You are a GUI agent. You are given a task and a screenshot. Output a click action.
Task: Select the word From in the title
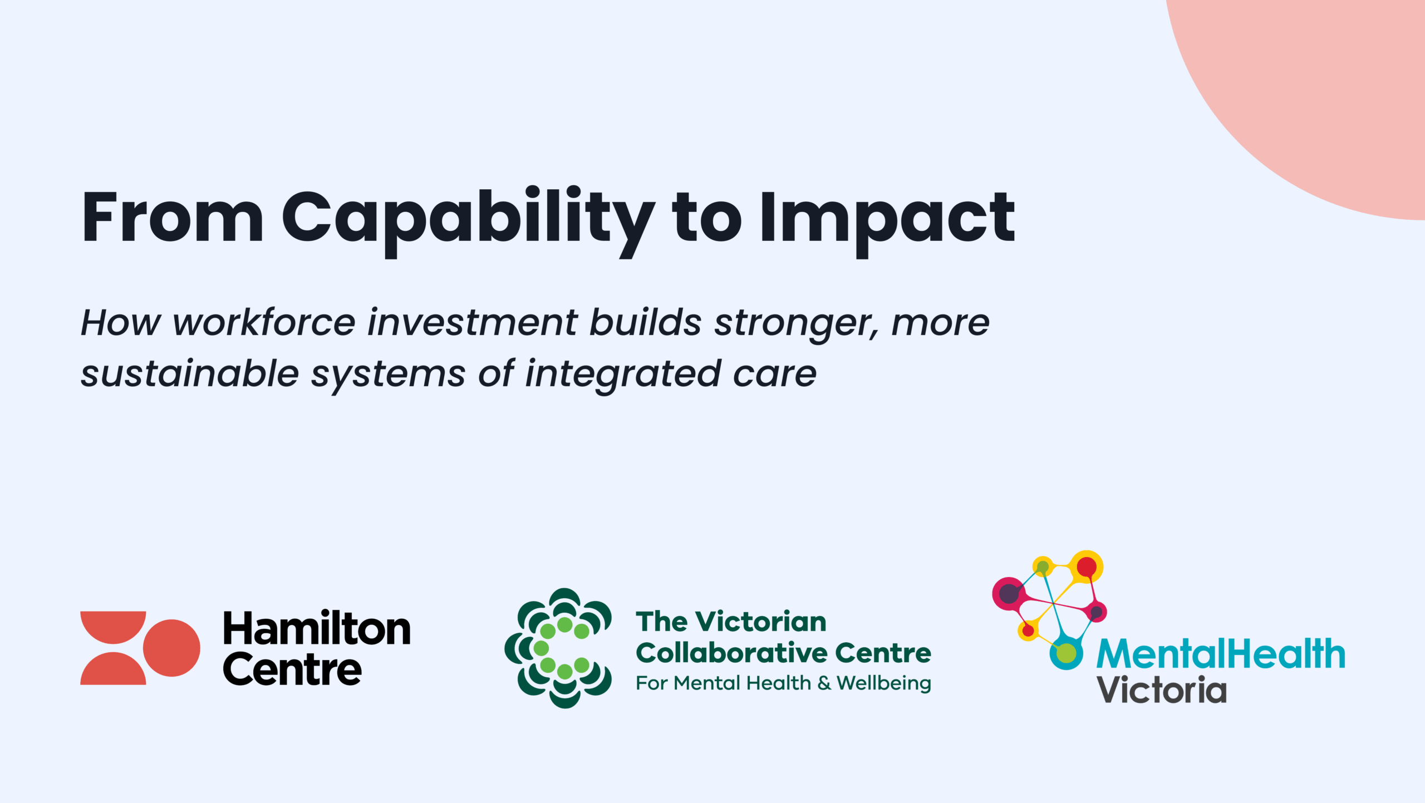(173, 216)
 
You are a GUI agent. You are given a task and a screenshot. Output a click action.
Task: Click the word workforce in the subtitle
(264, 322)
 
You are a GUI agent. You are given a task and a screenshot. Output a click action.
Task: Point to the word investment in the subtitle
(473, 322)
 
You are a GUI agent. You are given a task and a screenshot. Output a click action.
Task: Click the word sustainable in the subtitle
(190, 373)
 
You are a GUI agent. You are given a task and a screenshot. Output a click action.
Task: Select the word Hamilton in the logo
(317, 628)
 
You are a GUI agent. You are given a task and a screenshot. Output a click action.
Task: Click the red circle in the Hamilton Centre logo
(171, 648)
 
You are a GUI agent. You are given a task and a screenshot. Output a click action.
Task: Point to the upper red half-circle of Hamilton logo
(113, 627)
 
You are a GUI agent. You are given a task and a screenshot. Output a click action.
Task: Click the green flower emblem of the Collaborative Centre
(558, 648)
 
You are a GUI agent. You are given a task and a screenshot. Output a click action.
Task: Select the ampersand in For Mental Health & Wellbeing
(824, 683)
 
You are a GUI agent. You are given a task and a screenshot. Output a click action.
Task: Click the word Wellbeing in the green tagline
(884, 684)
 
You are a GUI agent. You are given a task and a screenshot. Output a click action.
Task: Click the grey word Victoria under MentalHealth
(1162, 690)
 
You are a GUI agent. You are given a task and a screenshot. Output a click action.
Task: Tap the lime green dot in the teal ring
(1066, 653)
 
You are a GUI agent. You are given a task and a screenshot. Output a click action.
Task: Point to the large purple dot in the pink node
(1009, 594)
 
